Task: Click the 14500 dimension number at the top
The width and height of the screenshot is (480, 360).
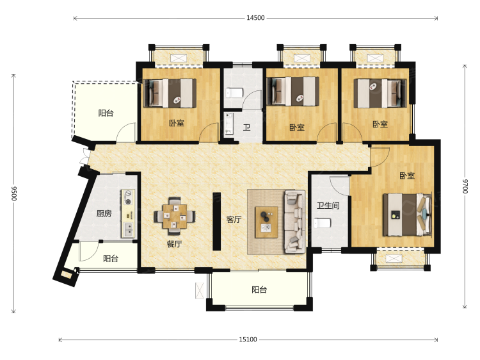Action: pyautogui.click(x=255, y=18)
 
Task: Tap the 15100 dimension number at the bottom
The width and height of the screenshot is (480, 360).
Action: pyautogui.click(x=248, y=339)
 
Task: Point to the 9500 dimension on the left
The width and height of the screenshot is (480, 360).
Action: pyautogui.click(x=14, y=193)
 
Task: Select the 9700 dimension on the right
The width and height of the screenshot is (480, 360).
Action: pyautogui.click(x=465, y=186)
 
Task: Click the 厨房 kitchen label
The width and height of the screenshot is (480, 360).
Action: pyautogui.click(x=104, y=213)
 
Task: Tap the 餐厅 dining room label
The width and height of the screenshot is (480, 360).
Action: pyautogui.click(x=174, y=244)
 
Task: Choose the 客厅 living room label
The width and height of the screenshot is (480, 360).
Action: pyautogui.click(x=234, y=219)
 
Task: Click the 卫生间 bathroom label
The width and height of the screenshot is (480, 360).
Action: pyautogui.click(x=328, y=205)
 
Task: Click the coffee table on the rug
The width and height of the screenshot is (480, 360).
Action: pyautogui.click(x=267, y=222)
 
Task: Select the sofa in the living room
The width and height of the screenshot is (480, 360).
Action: pyautogui.click(x=295, y=222)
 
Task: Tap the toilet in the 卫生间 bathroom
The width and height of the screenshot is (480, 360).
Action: pyautogui.click(x=323, y=223)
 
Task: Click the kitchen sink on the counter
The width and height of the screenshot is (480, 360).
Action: pyautogui.click(x=128, y=229)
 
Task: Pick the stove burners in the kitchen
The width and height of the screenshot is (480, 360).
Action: pyautogui.click(x=128, y=197)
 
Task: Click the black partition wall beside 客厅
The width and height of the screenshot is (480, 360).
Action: pyautogui.click(x=217, y=221)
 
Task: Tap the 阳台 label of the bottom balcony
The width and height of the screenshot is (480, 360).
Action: pyautogui.click(x=259, y=290)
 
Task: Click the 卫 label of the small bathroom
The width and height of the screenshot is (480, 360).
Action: pyautogui.click(x=247, y=127)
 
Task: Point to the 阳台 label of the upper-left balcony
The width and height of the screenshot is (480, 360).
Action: pyautogui.click(x=106, y=113)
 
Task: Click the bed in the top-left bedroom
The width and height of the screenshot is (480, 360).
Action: pyautogui.click(x=170, y=93)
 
